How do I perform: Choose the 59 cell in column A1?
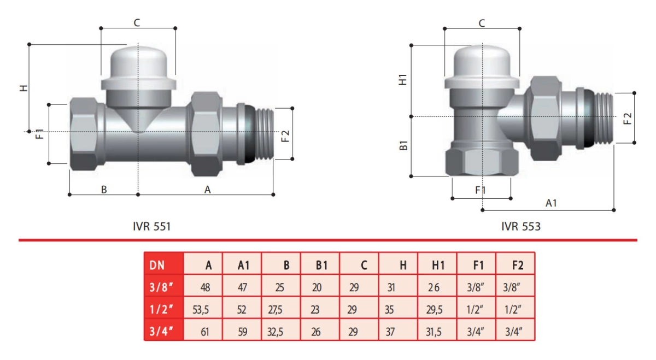pyautogui.click(x=242, y=331)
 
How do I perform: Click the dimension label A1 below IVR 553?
pyautogui.click(x=552, y=203)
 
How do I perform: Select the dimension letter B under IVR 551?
pyautogui.click(x=103, y=190)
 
